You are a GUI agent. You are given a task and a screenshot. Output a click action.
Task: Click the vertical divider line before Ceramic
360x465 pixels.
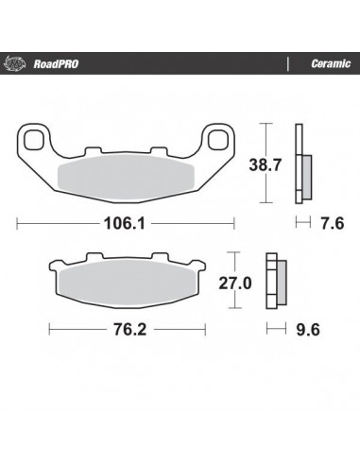(286, 65)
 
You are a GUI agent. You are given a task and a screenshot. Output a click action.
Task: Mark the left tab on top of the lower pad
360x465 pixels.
(93, 257)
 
